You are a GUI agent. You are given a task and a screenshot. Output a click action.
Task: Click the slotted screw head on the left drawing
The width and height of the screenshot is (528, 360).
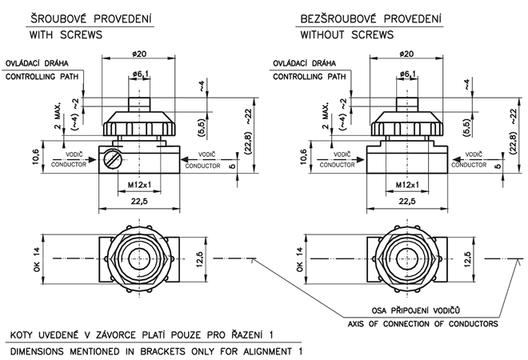(x=113, y=159)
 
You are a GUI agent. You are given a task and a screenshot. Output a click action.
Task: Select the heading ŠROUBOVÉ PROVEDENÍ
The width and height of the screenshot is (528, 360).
(x=91, y=18)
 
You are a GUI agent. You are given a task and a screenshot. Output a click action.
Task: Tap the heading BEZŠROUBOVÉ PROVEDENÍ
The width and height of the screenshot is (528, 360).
(x=370, y=18)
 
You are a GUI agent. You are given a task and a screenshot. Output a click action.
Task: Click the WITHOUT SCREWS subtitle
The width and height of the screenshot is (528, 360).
(x=347, y=34)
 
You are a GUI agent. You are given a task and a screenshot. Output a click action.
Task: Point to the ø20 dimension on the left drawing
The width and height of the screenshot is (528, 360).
(x=139, y=54)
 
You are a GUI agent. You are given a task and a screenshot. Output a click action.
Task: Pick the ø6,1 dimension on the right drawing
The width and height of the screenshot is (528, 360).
(x=408, y=74)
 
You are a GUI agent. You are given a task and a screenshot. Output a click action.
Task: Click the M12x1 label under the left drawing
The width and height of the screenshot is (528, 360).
(x=139, y=185)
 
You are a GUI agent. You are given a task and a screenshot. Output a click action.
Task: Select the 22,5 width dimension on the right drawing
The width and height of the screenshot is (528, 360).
(x=407, y=201)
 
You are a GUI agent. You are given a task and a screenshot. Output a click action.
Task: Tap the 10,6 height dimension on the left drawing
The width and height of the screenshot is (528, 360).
(x=36, y=157)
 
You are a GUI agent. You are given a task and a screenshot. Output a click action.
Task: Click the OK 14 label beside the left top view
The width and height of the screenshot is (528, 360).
(x=36, y=259)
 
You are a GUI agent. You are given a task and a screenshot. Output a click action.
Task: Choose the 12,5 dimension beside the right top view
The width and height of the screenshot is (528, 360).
(x=467, y=259)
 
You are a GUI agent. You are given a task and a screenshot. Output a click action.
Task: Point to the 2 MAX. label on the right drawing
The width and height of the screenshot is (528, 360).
(x=325, y=116)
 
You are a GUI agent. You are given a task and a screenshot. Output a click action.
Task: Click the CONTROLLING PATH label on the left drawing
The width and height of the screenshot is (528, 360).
(x=42, y=77)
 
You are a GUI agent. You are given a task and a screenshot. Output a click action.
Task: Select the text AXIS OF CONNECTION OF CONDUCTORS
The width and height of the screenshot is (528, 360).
(x=422, y=324)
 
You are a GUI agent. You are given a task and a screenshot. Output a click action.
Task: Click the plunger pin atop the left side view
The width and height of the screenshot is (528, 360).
(x=139, y=104)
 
